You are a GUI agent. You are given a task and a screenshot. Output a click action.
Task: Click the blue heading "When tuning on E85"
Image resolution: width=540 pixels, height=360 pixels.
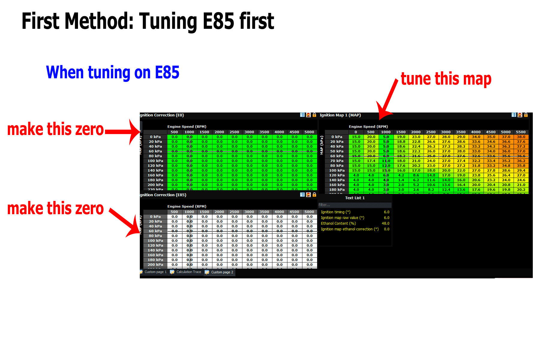click(x=112, y=72)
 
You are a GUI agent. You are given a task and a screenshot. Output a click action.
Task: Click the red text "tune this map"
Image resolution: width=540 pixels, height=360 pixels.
click(x=446, y=79)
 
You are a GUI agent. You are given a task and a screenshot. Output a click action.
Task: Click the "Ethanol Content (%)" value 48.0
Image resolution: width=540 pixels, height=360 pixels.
click(x=385, y=223)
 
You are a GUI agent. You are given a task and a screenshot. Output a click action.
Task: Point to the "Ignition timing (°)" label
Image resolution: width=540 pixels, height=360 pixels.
click(x=335, y=212)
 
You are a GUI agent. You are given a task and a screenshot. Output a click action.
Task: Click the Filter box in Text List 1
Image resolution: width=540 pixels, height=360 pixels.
click(x=355, y=205)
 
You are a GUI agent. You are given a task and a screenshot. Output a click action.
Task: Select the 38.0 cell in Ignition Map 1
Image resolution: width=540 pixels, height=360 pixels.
click(x=521, y=137)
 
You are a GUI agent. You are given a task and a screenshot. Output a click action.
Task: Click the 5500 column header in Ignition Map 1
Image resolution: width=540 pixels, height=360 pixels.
click(x=521, y=132)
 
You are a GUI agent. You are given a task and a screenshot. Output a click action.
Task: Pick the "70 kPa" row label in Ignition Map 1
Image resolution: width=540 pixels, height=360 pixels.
click(x=337, y=161)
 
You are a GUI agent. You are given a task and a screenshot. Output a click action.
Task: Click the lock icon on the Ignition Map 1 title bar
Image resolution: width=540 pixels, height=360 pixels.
click(x=526, y=115)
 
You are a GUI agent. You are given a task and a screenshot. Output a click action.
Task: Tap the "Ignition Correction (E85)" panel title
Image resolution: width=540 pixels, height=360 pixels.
click(x=163, y=195)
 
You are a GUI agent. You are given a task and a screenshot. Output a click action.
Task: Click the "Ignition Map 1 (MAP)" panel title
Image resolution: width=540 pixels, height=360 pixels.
click(x=340, y=115)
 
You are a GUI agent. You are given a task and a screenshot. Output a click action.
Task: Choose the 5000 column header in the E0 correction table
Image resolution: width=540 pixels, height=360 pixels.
click(x=309, y=132)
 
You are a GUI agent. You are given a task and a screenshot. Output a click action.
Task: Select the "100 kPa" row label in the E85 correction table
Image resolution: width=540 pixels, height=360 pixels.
click(x=155, y=241)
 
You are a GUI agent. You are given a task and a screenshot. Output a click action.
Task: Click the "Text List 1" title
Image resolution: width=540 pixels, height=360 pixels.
click(x=355, y=198)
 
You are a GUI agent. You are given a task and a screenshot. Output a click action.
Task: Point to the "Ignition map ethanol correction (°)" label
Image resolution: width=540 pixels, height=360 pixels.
click(x=349, y=229)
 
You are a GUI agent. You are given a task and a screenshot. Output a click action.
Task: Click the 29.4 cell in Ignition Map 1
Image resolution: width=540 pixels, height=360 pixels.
click(x=521, y=170)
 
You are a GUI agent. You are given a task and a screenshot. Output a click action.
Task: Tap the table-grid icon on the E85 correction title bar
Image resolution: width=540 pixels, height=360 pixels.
click(x=302, y=195)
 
